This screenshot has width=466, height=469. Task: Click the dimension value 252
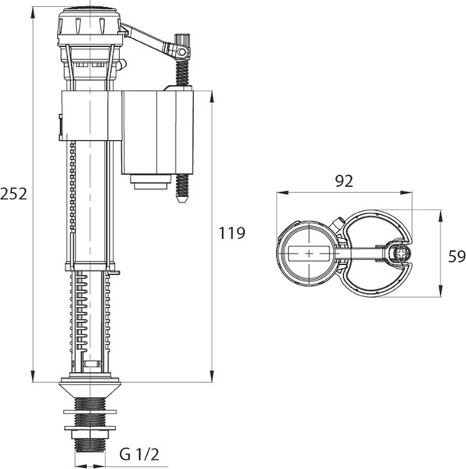pos(14,194)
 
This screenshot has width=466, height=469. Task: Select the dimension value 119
pos(232,233)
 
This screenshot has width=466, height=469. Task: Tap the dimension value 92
pos(344,181)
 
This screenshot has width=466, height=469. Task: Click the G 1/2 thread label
pos(139,454)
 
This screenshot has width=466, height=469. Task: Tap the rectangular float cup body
pos(156,133)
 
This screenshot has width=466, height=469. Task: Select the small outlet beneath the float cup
pos(150,184)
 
